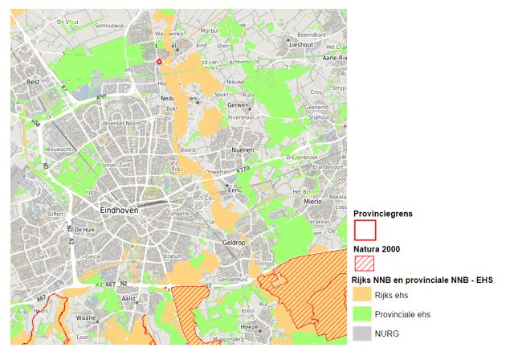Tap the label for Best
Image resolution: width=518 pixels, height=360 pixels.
pyautogui.click(x=34, y=82)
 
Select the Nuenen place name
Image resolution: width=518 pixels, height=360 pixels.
pyautogui.click(x=243, y=149)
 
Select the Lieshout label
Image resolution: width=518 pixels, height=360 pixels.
pyautogui.click(x=300, y=45)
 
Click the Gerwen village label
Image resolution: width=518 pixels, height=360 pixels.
pyautogui.click(x=239, y=105)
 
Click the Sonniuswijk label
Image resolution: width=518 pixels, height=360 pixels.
pyautogui.click(x=111, y=26)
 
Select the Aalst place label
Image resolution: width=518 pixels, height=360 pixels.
pyautogui.click(x=128, y=297)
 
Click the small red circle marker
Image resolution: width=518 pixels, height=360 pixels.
pyautogui.click(x=159, y=61)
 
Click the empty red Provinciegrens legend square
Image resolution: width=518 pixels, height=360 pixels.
pyautogui.click(x=365, y=231)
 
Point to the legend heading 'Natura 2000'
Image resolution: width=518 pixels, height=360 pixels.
pyautogui.click(x=377, y=249)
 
